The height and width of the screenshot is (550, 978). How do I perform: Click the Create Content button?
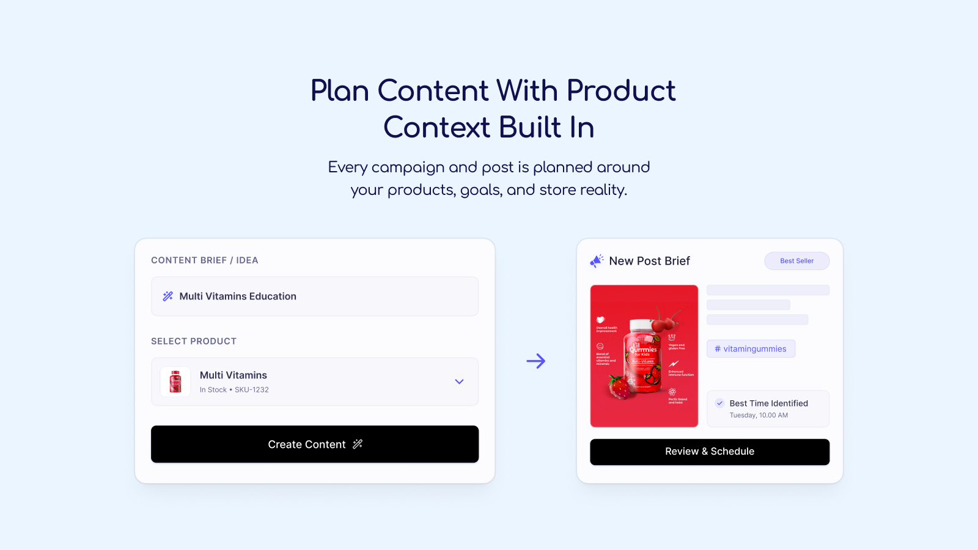314,444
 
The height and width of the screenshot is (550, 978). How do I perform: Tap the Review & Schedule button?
709,452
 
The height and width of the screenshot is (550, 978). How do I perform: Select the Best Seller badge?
796,261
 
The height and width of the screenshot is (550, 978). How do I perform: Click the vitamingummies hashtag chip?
751,349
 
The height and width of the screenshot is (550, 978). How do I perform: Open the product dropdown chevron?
459,382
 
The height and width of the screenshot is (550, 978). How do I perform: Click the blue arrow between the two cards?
535,361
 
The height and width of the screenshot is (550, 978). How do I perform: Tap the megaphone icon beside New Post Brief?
597,261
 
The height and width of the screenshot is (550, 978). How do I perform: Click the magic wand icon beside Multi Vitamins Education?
167,296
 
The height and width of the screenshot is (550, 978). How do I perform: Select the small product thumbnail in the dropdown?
175,382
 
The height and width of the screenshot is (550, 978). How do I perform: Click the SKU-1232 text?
252,390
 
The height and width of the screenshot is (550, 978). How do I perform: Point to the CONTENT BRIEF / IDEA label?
205,260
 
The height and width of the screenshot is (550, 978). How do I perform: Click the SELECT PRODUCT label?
194,342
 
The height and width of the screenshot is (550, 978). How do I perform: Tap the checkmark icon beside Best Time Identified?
719,403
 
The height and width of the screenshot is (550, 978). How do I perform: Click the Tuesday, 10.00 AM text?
759,416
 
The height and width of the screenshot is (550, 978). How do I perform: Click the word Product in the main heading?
620,91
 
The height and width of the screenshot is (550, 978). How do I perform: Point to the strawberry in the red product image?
619,387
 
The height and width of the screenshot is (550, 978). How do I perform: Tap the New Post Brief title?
649,261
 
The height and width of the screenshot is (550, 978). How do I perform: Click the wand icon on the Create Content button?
358,444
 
